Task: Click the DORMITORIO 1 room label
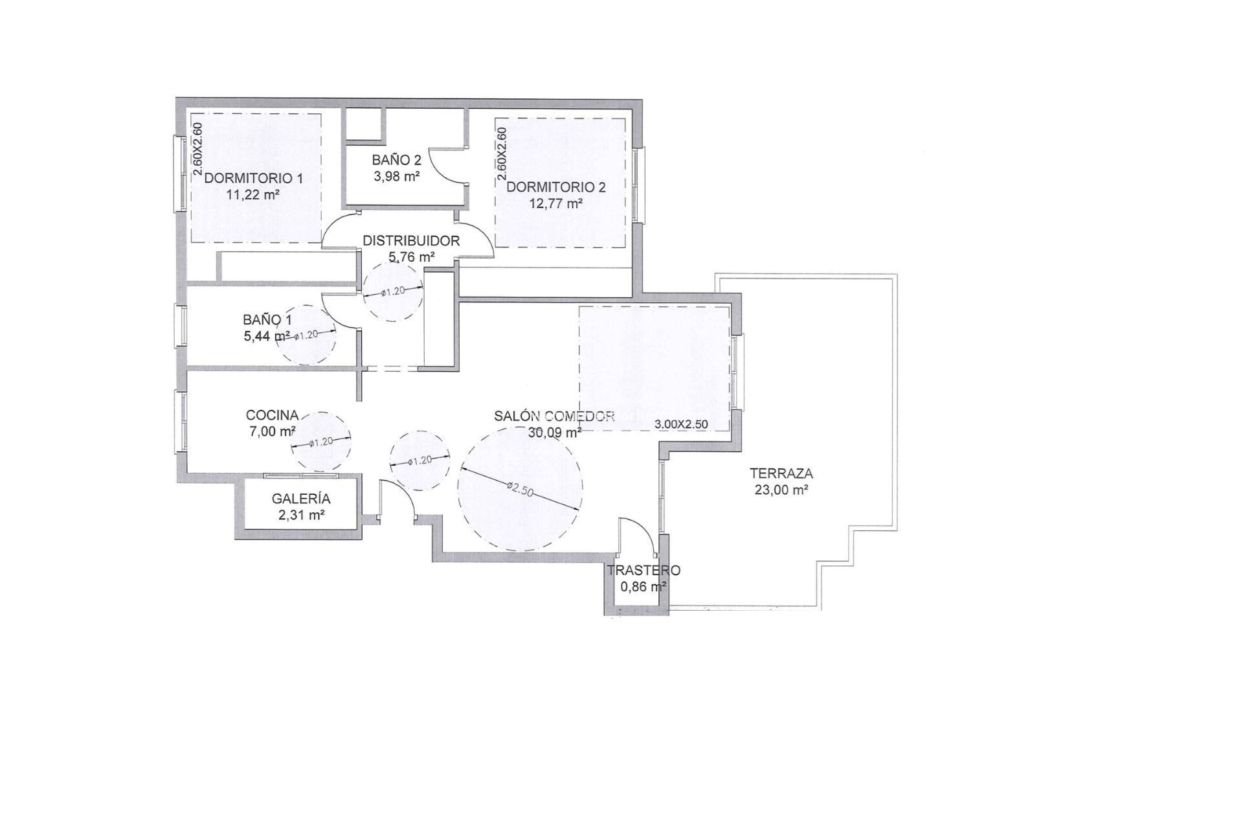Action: (253, 178)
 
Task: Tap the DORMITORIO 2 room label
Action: (556, 187)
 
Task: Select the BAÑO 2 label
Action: (396, 160)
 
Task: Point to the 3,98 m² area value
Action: (396, 176)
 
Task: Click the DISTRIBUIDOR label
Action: (411, 241)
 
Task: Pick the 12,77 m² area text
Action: (556, 203)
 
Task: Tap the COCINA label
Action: (273, 415)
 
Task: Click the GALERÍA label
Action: (301, 499)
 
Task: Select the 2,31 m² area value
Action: (301, 516)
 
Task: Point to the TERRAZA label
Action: (781, 473)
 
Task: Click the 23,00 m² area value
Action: (781, 490)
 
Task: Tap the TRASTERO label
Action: (644, 571)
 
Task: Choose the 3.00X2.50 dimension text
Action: (682, 424)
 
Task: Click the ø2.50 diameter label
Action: (520, 489)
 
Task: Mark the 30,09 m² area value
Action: (555, 432)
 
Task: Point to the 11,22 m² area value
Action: (253, 194)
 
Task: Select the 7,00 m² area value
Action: (273, 431)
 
